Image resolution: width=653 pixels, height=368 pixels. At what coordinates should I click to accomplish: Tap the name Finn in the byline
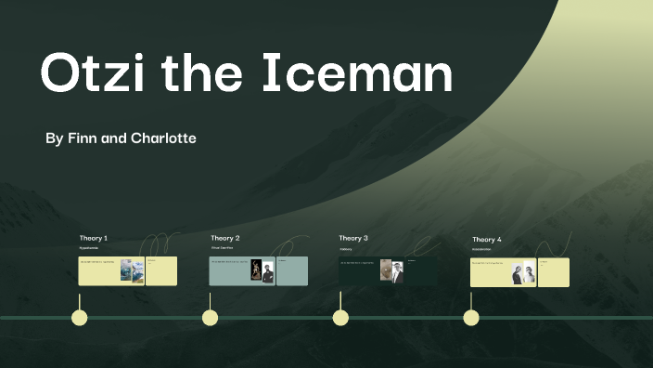pos(81,138)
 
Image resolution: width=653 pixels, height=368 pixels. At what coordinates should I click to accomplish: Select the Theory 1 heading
pos(93,239)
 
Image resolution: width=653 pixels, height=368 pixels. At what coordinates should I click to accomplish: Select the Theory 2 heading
pos(224,239)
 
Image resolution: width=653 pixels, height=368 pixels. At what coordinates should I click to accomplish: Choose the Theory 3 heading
pos(353,239)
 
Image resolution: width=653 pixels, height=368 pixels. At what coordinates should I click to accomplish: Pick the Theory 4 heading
pos(486,240)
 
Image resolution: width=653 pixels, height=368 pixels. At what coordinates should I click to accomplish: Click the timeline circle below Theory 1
pos(80,318)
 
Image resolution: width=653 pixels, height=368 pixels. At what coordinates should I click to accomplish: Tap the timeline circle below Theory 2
pos(211,318)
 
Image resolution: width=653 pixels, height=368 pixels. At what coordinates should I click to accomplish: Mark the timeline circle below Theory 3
pos(340,318)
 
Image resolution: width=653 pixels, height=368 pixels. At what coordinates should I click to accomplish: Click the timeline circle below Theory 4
pos(471,318)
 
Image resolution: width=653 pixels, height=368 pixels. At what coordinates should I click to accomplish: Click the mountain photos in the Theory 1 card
pos(132,271)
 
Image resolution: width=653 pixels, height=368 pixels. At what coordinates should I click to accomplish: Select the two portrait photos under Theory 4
pos(523,272)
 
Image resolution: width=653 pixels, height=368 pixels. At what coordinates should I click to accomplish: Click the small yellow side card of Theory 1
pos(161,271)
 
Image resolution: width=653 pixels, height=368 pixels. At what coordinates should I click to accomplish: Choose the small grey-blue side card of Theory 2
pos(291,271)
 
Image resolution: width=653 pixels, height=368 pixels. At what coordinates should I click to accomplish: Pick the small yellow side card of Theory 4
pos(554,272)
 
